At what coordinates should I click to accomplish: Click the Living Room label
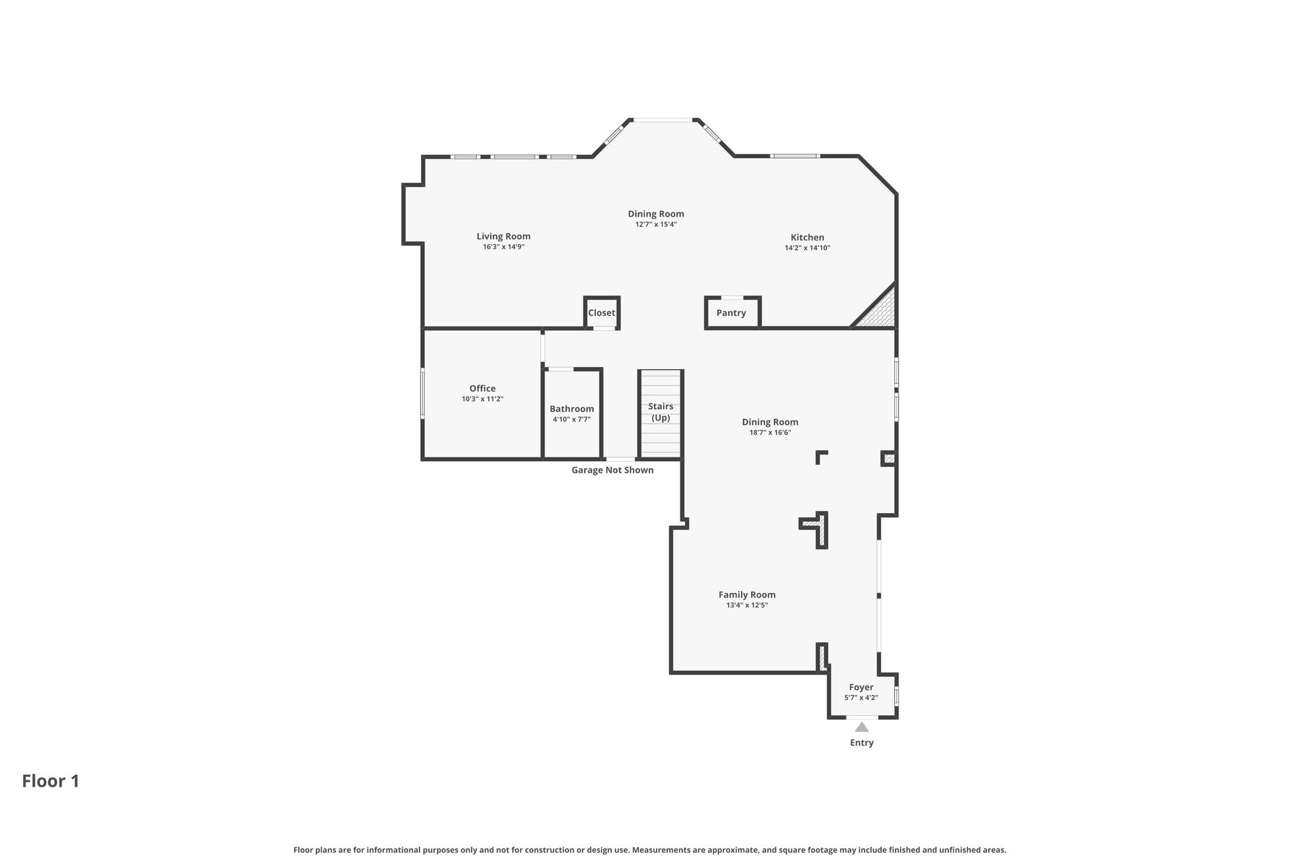[503, 236]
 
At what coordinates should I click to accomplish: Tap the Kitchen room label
[807, 237]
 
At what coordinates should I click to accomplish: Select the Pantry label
[731, 313]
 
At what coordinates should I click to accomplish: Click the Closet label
[602, 313]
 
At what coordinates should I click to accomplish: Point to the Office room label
[482, 388]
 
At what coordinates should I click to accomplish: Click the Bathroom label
[572, 409]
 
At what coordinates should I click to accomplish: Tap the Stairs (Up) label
[661, 412]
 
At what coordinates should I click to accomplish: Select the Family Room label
[747, 595]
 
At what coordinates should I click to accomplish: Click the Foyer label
[862, 687]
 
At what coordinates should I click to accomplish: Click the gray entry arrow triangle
[862, 728]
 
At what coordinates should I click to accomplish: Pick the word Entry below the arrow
[862, 743]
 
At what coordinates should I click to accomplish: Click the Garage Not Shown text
[612, 470]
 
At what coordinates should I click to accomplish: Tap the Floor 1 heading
[51, 781]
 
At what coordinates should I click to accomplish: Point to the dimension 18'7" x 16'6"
[771, 433]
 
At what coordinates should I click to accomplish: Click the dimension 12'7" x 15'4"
[656, 224]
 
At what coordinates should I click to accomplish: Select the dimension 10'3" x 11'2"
[482, 399]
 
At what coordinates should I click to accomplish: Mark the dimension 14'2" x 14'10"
[807, 248]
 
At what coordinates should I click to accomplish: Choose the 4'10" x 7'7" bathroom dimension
[572, 419]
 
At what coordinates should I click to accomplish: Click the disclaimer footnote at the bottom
[650, 850]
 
